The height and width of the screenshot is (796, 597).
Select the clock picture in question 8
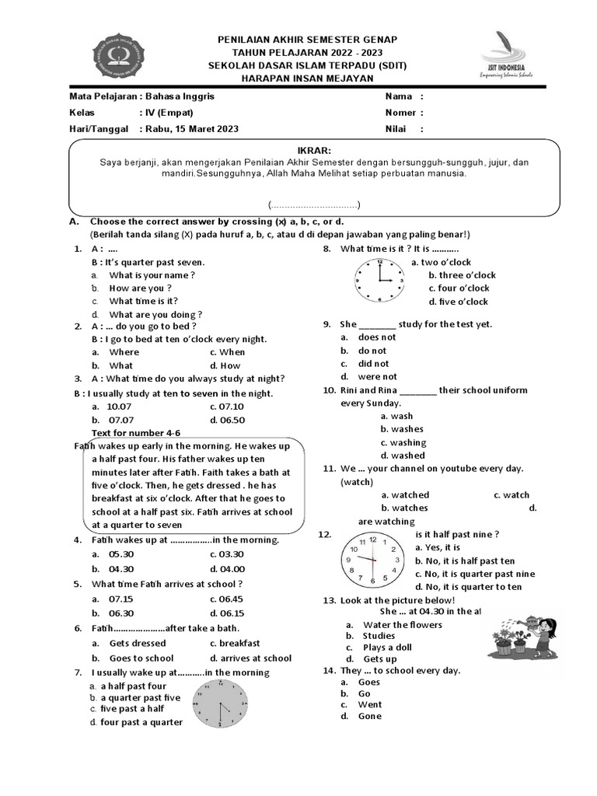point(380,281)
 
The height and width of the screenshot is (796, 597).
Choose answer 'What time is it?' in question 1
point(144,301)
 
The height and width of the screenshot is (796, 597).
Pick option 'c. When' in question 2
point(227,352)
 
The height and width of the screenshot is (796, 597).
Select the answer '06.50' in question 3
point(227,420)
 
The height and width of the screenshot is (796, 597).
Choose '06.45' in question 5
point(227,599)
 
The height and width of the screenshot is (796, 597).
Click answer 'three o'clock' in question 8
point(462,275)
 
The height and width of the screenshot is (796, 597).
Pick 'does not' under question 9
point(376,337)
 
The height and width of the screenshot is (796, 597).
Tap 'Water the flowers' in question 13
point(402,625)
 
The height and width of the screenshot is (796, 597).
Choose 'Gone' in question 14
point(369,716)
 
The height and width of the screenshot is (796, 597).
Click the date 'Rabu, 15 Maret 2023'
point(190,129)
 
